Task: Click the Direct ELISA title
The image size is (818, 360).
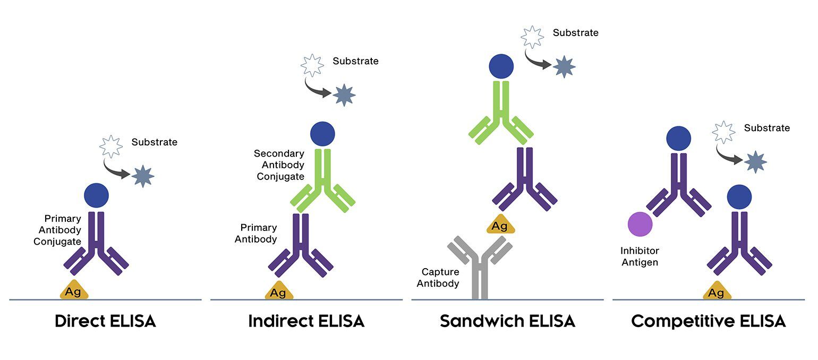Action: click(105, 322)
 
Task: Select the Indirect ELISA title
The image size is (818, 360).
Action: click(306, 322)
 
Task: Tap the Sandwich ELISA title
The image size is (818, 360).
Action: click(507, 322)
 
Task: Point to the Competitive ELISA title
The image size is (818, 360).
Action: click(708, 322)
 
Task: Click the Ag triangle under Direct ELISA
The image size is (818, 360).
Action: click(74, 290)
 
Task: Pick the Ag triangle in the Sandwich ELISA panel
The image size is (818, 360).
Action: click(500, 226)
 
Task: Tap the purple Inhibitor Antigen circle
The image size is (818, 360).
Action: click(640, 224)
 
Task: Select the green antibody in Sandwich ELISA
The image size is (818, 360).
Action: click(501, 114)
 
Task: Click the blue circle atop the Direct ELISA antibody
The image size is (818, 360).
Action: click(96, 195)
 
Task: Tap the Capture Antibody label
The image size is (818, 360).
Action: click(438, 278)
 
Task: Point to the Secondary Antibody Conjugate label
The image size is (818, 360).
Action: click(279, 165)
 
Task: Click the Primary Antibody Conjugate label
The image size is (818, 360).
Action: click(60, 230)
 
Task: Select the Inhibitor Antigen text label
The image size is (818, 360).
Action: click(640, 256)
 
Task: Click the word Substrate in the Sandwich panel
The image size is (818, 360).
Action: click(575, 33)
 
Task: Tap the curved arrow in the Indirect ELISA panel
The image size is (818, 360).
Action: click(318, 90)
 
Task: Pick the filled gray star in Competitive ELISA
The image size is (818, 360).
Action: click(755, 162)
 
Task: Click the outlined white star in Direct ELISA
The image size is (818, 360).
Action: click(111, 146)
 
